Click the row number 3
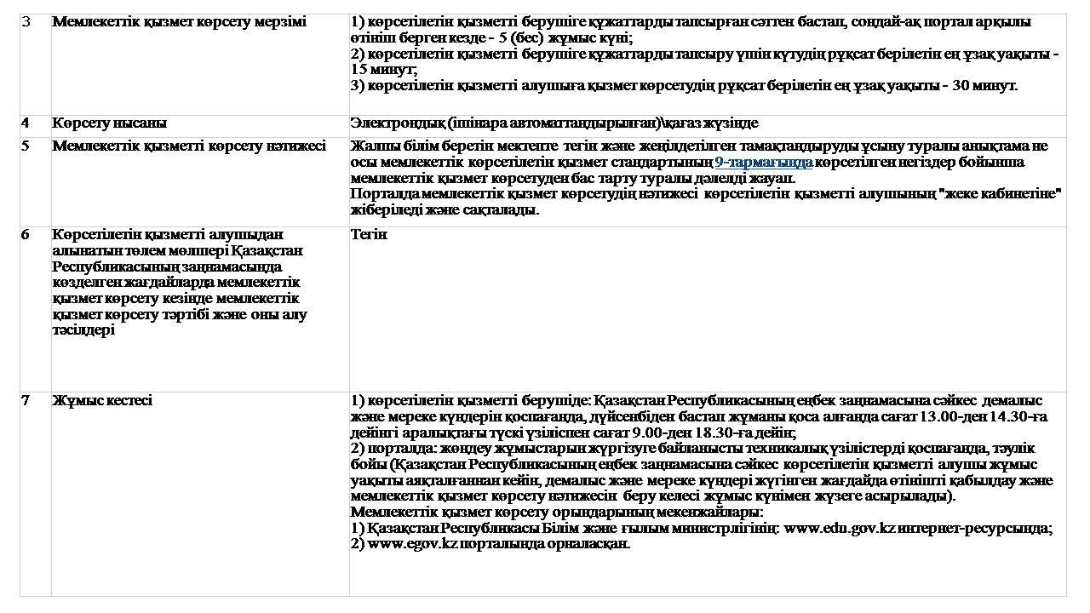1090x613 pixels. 26,22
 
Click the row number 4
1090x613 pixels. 26,123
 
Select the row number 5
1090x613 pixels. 26,146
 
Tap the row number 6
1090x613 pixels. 26,234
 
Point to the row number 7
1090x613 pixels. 26,400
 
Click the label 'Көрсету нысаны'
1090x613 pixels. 109,123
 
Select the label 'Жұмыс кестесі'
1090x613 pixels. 102,400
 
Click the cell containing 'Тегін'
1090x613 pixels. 369,234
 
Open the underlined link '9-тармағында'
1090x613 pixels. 763,162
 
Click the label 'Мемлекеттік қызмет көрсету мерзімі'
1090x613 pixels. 179,22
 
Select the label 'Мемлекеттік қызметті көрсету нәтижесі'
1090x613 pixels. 189,146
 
